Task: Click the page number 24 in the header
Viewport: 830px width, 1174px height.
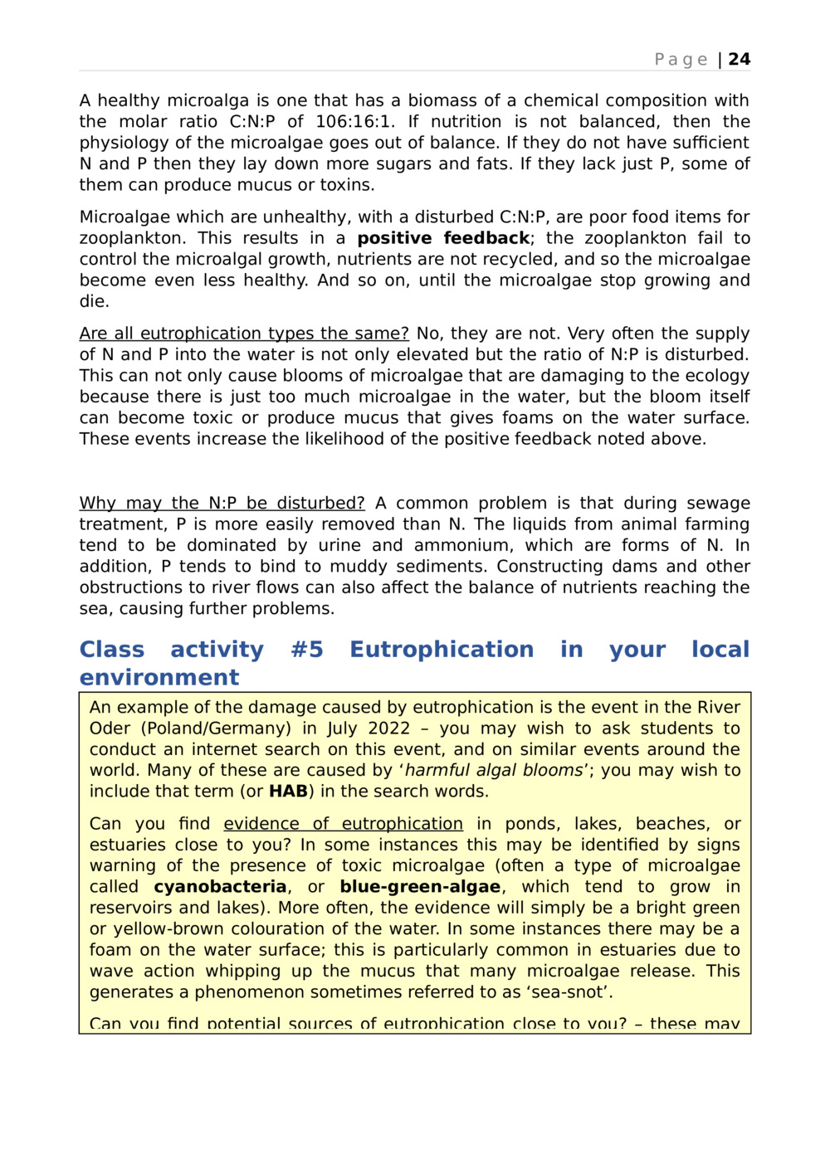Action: click(x=739, y=59)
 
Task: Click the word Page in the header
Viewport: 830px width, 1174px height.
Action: click(x=681, y=59)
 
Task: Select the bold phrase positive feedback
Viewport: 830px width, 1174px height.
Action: click(x=443, y=238)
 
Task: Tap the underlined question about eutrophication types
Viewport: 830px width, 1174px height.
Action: click(x=244, y=334)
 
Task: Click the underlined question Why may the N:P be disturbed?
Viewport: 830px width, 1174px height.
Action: click(x=222, y=503)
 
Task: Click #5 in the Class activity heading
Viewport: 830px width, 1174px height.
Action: click(x=306, y=649)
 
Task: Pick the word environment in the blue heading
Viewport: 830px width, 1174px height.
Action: click(x=159, y=677)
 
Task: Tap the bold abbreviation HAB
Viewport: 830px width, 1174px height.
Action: click(x=288, y=792)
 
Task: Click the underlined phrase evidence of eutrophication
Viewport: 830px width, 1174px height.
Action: click(x=343, y=824)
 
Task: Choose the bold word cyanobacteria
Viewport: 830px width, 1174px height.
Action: click(x=220, y=887)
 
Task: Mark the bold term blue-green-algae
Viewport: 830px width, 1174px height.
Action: click(x=420, y=887)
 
